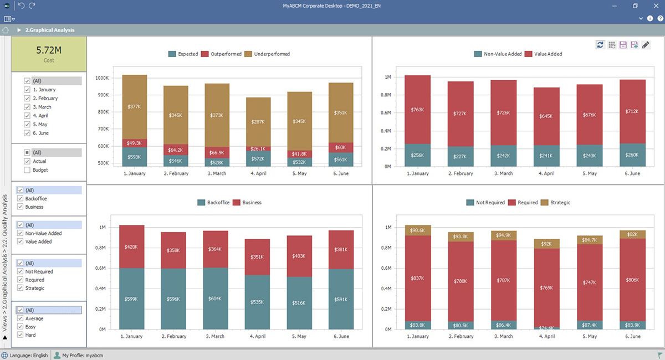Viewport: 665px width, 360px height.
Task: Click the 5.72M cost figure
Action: click(49, 50)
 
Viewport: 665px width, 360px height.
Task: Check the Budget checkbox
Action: click(27, 170)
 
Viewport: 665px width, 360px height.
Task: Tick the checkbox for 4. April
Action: click(27, 116)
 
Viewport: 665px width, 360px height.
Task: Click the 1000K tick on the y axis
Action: click(103, 78)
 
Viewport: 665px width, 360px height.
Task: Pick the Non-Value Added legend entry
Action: click(499, 54)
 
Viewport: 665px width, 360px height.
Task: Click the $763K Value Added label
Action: click(417, 110)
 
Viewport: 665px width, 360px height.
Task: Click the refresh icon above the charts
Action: click(600, 45)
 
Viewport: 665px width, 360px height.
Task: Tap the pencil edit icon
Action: click(646, 45)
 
